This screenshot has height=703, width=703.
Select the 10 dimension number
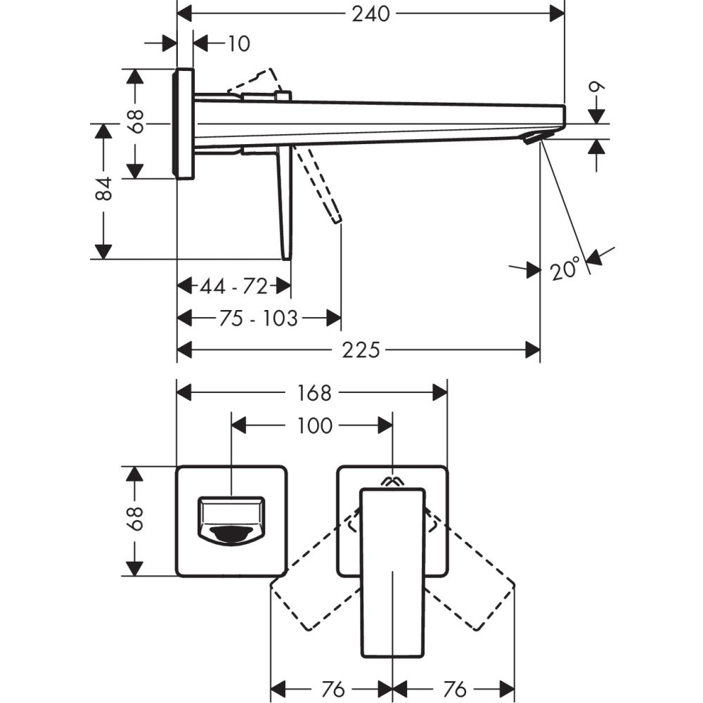pos(238,44)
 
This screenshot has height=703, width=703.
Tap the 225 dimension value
pos(362,349)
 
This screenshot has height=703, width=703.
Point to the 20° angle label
pos(566,269)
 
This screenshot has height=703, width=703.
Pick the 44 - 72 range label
pos(233,286)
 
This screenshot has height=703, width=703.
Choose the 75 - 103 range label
pos(258,318)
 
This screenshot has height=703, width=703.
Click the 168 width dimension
pos(314,393)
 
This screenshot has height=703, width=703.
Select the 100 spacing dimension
pos(314,425)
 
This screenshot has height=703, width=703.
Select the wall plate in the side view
pos(183,124)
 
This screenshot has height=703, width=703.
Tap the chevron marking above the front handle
pos(392,482)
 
